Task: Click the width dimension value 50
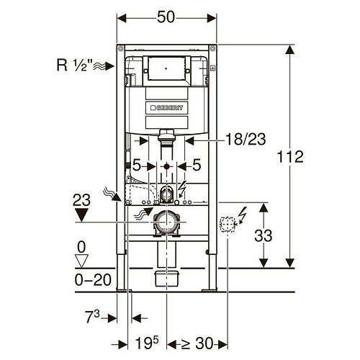click(x=166, y=17)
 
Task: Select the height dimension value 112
click(x=290, y=157)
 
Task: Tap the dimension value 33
click(x=263, y=235)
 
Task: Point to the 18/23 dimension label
click(x=246, y=139)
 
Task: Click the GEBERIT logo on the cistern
click(x=166, y=108)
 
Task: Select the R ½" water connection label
click(x=74, y=65)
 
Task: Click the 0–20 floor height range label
click(x=93, y=280)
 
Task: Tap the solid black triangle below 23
click(x=81, y=215)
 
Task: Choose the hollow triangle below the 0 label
click(x=81, y=261)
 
